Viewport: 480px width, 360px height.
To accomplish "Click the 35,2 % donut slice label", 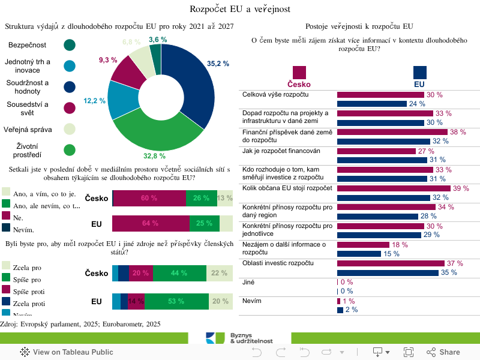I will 218,64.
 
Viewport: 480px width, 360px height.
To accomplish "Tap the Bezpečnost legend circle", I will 70,46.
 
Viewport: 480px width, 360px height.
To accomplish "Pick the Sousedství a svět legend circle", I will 70,108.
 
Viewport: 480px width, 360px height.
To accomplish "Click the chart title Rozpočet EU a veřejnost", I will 240,8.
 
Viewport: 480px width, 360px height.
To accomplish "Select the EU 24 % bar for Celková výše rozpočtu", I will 372,104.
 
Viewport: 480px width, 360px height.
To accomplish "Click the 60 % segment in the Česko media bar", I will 149,198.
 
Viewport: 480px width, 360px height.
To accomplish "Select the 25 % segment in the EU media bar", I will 204,224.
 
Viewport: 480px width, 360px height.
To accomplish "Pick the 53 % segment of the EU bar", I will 176,301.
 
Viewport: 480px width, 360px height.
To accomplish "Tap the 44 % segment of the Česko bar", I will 179,273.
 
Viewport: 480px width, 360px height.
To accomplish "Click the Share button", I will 443,352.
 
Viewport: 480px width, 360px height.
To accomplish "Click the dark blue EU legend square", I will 419,73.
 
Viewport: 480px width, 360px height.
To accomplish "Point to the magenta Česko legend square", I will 299,73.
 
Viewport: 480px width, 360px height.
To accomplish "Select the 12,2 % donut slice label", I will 94,101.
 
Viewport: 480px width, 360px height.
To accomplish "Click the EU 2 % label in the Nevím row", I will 352,310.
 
